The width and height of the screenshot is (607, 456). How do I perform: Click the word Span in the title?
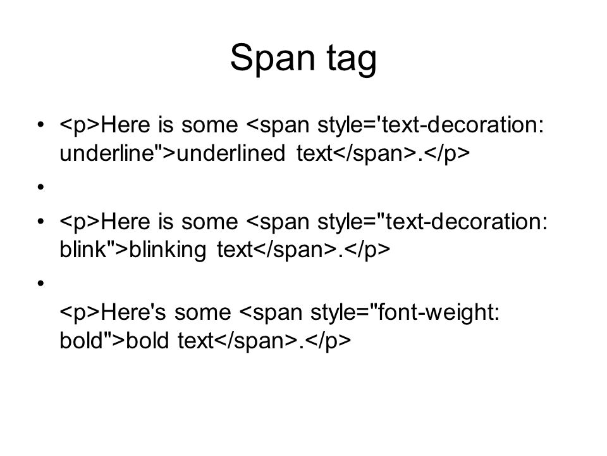coord(273,58)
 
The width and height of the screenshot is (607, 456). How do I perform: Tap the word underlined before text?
coord(231,153)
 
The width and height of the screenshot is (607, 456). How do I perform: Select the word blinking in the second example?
coord(167,250)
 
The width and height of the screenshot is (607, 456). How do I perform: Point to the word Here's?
coord(133,312)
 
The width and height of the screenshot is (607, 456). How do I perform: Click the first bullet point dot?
coord(40,125)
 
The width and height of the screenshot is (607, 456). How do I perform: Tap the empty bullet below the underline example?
coord(40,187)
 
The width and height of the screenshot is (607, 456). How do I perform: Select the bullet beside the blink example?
coord(40,222)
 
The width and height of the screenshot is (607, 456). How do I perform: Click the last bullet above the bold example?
coord(40,284)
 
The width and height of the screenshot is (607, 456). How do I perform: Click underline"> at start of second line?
coord(118,153)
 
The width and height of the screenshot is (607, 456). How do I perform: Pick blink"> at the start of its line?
coord(94,250)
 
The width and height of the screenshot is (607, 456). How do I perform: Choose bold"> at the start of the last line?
coord(92,340)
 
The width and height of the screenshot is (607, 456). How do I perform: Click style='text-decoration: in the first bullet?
coord(431,125)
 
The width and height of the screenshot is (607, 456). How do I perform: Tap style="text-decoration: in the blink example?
coord(432,222)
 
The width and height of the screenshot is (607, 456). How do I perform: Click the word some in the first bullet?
coord(209,126)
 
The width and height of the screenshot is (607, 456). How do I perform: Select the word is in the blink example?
coord(166,222)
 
